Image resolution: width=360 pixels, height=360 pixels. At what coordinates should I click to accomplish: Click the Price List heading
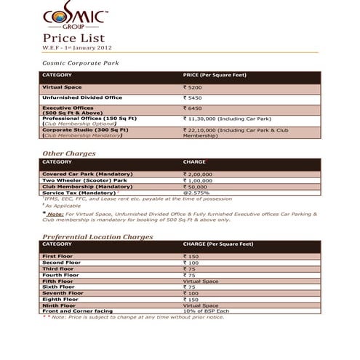pyautogui.click(x=74, y=38)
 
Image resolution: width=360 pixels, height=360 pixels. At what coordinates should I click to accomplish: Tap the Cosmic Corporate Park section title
pyautogui.click(x=81, y=63)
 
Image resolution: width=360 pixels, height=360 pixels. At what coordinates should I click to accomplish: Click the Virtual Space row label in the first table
pyautogui.click(x=63, y=87)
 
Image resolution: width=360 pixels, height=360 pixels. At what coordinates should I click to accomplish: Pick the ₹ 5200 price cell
pyautogui.click(x=193, y=87)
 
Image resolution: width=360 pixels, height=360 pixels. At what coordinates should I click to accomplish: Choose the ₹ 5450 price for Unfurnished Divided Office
pyautogui.click(x=193, y=97)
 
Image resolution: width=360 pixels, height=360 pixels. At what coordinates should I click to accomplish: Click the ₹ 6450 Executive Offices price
pyautogui.click(x=193, y=108)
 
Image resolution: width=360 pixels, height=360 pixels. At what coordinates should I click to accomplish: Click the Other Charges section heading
pyautogui.click(x=68, y=153)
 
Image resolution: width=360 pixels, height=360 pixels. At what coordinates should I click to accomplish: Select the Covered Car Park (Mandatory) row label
pyautogui.click(x=87, y=175)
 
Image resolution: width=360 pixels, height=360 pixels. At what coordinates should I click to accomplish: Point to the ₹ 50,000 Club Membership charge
pyautogui.click(x=197, y=186)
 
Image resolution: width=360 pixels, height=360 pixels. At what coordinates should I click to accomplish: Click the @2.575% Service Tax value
pyautogui.click(x=197, y=192)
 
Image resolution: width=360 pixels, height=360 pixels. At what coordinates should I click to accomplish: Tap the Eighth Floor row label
pyautogui.click(x=60, y=299)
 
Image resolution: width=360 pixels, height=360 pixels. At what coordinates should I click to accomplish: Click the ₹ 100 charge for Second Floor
pyautogui.click(x=192, y=263)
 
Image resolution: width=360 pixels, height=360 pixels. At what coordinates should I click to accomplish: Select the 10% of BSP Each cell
pyautogui.click(x=207, y=311)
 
